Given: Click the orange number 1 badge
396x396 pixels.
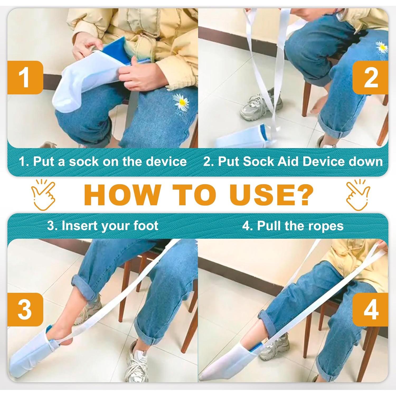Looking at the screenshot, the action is coord(25,78).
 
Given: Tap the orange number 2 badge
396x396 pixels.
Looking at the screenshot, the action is coord(371,78).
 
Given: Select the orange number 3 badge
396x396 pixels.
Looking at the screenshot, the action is coord(25,309).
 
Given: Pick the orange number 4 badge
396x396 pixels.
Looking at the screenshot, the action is coord(371,309).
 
